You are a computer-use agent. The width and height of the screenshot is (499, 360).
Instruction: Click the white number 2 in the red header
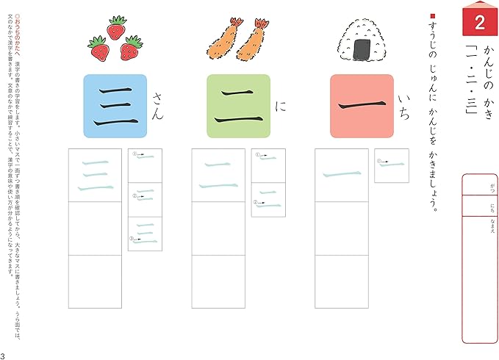coord(478,23)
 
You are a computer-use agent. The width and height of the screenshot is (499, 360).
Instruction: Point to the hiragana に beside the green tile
coord(279,107)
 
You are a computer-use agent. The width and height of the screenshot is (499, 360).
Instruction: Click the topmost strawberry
coord(116,29)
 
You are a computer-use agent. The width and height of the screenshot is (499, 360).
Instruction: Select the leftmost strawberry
coord(98,49)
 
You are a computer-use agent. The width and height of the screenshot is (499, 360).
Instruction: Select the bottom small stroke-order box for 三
coord(145,234)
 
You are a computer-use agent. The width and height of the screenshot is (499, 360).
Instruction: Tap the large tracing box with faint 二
coord(218,175)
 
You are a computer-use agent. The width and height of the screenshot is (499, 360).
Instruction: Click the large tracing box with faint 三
coord(94,175)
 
